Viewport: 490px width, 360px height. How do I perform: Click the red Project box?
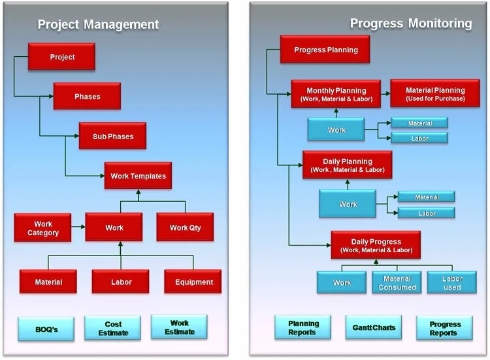61,57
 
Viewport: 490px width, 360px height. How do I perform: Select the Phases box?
87,96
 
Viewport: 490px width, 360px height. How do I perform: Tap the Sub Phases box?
112,136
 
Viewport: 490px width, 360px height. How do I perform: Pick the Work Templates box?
138,176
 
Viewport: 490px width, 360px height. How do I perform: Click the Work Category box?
43,228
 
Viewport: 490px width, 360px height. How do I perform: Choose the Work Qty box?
185,228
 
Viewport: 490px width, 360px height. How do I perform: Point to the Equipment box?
193,282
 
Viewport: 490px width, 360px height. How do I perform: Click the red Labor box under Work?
121,282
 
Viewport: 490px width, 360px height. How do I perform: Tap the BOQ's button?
46,329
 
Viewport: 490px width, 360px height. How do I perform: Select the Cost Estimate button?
112,328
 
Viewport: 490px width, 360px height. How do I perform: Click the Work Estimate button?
179,327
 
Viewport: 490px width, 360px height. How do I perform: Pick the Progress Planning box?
325,50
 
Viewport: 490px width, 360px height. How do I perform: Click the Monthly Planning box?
336,94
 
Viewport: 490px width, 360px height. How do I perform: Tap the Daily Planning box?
347,165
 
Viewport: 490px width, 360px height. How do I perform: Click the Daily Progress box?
376,245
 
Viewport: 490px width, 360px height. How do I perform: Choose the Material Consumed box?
397,283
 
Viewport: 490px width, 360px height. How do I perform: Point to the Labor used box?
452,283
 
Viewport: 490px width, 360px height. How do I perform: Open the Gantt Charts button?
374,327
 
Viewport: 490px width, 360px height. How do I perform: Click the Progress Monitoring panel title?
410,24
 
